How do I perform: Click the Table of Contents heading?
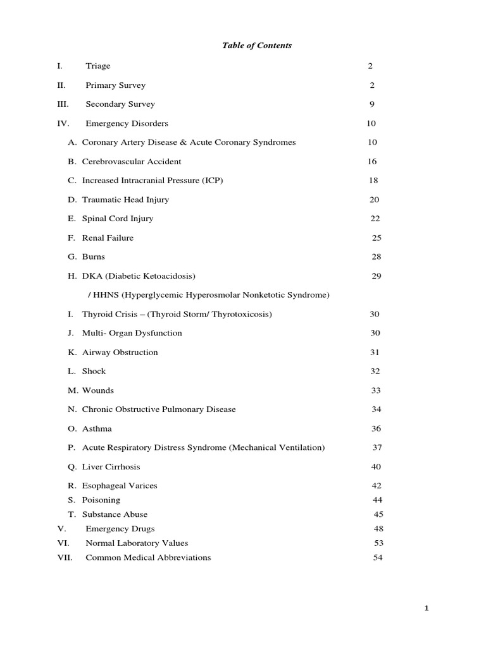point(256,45)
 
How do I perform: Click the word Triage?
point(98,66)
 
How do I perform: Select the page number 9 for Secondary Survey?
point(372,104)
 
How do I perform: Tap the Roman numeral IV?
point(63,123)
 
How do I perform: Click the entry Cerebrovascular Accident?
point(132,162)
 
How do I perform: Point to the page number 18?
point(373,181)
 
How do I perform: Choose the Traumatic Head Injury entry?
point(125,200)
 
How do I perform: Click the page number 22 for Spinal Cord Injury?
point(375,219)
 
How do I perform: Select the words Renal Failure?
point(108,238)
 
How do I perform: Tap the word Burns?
point(94,257)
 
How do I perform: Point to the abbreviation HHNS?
point(103,295)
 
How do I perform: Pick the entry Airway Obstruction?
point(120,353)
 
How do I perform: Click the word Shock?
point(94,372)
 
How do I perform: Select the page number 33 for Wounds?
point(376,390)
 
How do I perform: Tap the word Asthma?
point(97,429)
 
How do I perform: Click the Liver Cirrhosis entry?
point(111,467)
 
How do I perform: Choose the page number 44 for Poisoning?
point(377,500)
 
